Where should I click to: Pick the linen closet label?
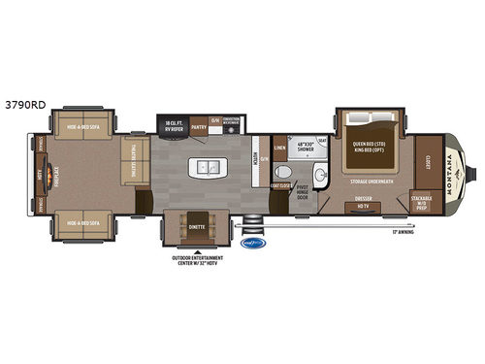point(280,149)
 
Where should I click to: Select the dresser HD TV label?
point(363,205)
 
